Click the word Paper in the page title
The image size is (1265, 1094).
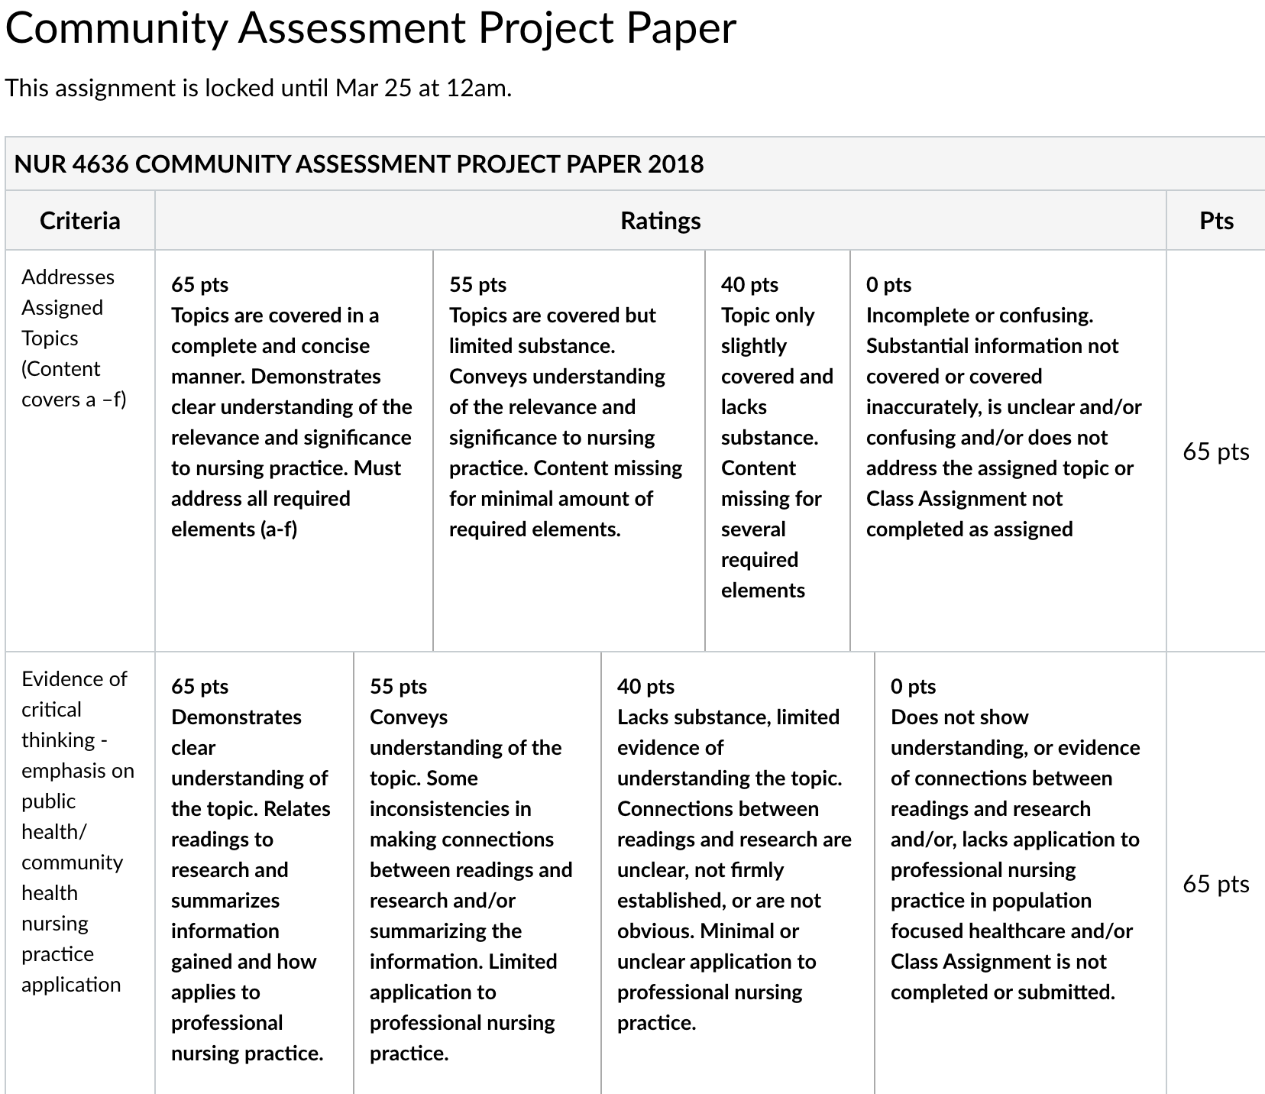681,28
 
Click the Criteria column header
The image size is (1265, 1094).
80,221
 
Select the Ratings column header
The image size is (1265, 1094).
660,221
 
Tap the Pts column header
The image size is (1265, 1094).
1216,221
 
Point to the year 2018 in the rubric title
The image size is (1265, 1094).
675,164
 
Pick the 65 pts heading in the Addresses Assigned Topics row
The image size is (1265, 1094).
199,285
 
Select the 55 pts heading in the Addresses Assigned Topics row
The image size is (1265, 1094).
477,285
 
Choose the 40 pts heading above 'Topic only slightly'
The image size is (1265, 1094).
749,285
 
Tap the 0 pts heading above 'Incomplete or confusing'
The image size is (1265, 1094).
888,285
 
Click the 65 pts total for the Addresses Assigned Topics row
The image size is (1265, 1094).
1216,452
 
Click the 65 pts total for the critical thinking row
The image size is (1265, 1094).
1216,884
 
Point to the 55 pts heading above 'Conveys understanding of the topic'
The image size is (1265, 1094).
398,687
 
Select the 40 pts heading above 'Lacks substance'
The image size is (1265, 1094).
645,687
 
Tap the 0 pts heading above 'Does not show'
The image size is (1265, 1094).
913,687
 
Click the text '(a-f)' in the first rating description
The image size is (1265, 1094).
277,529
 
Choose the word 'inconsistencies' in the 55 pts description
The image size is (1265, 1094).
450,809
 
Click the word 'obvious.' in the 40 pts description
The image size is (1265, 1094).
655,931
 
